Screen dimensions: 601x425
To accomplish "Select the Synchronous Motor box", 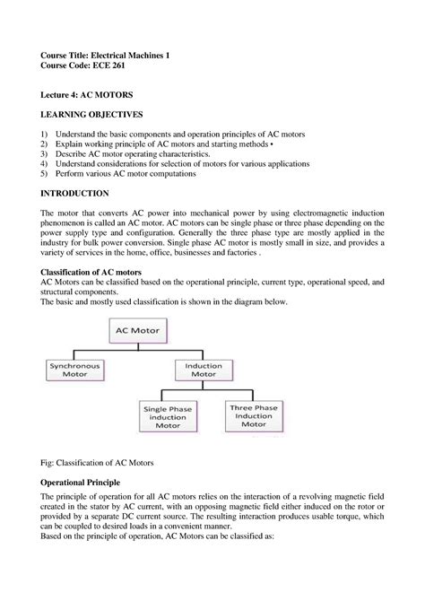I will click(x=74, y=370).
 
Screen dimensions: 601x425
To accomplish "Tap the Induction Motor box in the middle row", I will click(x=204, y=370).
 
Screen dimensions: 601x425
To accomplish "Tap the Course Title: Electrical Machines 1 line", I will click(x=105, y=55).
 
